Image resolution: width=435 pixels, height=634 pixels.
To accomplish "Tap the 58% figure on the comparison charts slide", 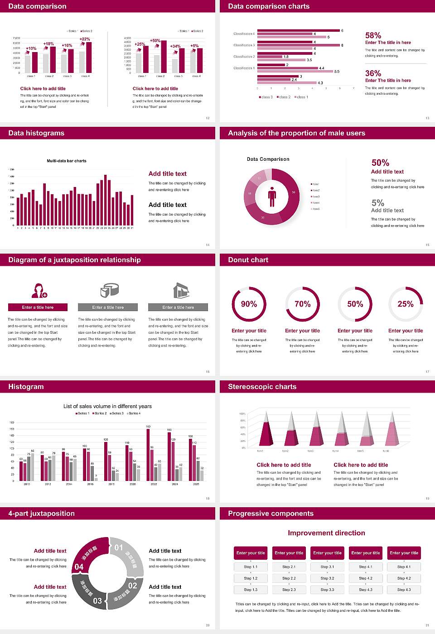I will pyautogui.click(x=373, y=35).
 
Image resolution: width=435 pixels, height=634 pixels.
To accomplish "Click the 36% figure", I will pyautogui.click(x=373, y=73).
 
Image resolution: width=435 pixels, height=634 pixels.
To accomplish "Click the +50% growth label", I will pyautogui.click(x=155, y=41).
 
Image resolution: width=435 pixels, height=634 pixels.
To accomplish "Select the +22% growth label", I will pyautogui.click(x=85, y=39).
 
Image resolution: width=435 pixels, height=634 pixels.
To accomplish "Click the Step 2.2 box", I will pyautogui.click(x=289, y=578).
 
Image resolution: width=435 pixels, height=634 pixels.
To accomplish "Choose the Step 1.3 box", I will pyautogui.click(x=251, y=589).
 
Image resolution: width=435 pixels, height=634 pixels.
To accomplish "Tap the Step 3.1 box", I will pyautogui.click(x=327, y=567).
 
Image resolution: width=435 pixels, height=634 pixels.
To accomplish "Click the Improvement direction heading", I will pyautogui.click(x=326, y=533).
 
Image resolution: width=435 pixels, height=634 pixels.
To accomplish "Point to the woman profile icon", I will pyautogui.click(x=38, y=290).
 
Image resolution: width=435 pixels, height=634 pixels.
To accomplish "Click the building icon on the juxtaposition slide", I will pyautogui.click(x=181, y=290).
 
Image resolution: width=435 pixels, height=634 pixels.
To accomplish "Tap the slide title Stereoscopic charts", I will pyautogui.click(x=262, y=387).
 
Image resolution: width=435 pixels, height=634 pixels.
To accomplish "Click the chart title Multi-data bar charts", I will pyautogui.click(x=67, y=161).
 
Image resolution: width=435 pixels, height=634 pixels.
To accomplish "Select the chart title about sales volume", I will pyautogui.click(x=107, y=406).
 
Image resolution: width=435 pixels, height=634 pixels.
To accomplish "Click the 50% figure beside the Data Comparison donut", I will pyautogui.click(x=380, y=163).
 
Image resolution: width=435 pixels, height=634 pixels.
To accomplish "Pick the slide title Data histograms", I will pyautogui.click(x=36, y=133).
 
